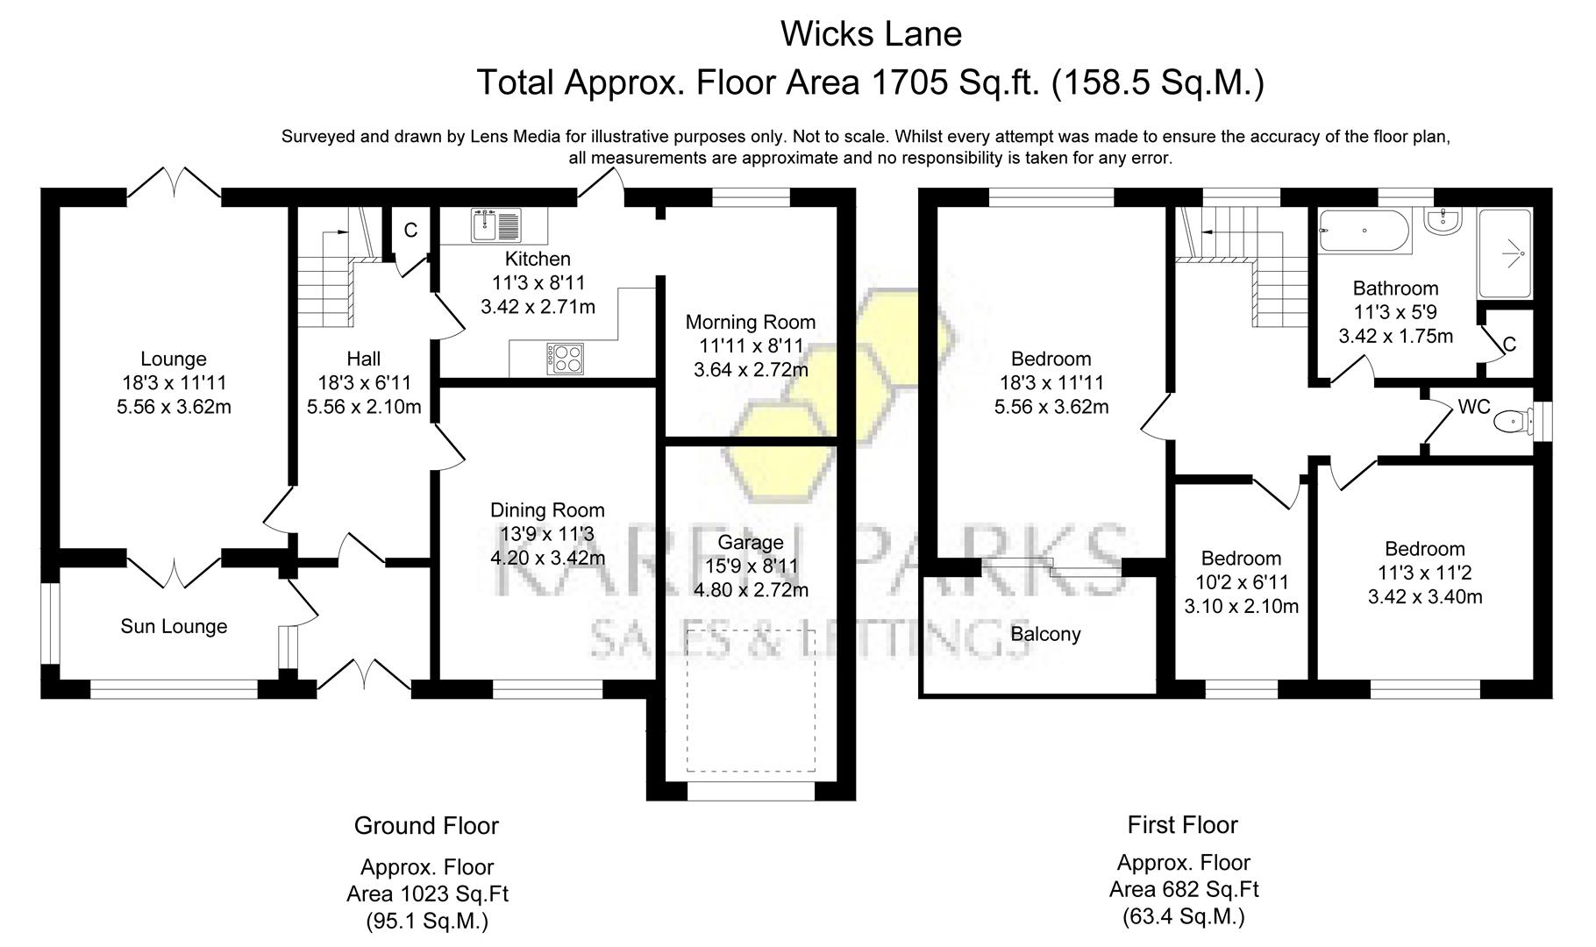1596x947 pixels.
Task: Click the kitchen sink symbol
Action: (x=495, y=225)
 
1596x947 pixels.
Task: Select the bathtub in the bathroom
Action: (x=1364, y=231)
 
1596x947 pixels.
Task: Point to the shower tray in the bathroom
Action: (x=1506, y=253)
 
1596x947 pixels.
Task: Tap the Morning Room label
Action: (x=750, y=322)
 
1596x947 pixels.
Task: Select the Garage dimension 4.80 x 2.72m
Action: (x=751, y=590)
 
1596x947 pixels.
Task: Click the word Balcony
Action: (x=1045, y=634)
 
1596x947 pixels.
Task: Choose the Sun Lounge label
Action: (x=174, y=626)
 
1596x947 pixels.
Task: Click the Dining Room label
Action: (x=547, y=510)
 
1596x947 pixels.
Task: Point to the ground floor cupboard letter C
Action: (x=410, y=230)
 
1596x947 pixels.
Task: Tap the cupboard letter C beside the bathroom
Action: (x=1509, y=345)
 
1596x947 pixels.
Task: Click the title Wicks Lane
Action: (x=871, y=34)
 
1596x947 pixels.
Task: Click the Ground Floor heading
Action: (x=426, y=826)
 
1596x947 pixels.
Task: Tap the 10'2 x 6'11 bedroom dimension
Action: (x=1241, y=582)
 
